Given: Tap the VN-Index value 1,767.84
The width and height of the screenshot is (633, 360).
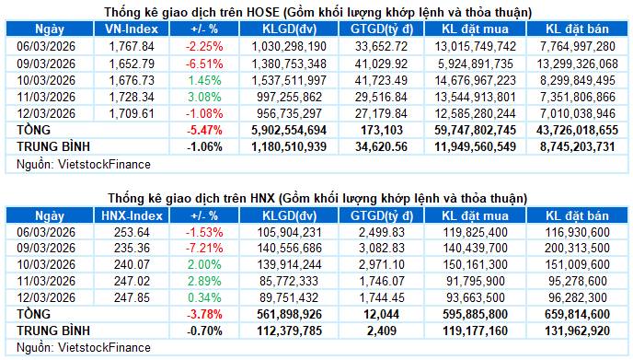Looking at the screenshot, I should click(126, 45).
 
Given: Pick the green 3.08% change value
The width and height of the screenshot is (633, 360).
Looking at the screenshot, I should click(203, 97).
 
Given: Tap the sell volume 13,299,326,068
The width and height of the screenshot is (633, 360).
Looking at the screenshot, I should click(575, 63).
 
